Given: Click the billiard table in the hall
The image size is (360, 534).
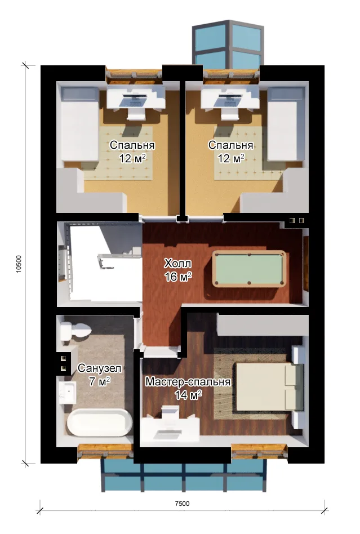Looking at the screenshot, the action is point(249,269).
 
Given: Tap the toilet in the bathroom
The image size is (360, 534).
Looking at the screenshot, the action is point(75,331).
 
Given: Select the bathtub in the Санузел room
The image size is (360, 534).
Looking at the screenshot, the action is point(99,422).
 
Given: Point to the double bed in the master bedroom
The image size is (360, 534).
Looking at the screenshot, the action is point(269,386).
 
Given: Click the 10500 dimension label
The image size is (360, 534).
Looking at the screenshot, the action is point(19,264).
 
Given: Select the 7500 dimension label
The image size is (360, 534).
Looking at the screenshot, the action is point(182,504).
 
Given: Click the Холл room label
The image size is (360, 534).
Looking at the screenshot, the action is point(177,263).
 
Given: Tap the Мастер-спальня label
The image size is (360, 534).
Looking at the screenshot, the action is point(188,382).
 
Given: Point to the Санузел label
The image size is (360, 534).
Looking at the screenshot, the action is point(100,368).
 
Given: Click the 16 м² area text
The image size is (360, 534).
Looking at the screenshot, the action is point(178,277).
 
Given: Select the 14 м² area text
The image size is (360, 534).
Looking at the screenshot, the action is point(188,395).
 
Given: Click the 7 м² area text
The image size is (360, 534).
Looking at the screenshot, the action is point(100,381).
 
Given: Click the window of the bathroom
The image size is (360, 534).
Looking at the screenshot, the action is point(105,452).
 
